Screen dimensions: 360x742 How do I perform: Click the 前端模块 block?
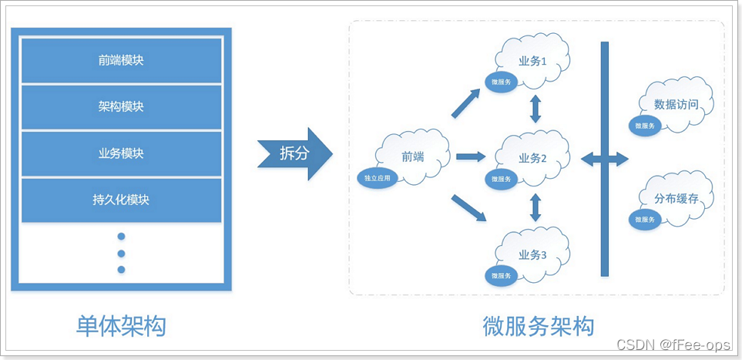tap(121, 60)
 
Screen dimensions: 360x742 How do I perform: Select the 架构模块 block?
tap(121, 106)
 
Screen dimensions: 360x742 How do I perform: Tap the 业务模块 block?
tap(121, 153)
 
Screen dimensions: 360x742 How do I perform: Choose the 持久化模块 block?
tap(121, 200)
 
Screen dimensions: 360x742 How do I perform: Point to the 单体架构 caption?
tap(121, 326)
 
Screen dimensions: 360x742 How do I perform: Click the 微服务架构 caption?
tap(538, 326)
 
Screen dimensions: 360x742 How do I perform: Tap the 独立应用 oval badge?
tap(378, 178)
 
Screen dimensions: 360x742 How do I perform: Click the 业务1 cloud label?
tap(532, 62)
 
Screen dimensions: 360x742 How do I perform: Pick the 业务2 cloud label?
tap(532, 158)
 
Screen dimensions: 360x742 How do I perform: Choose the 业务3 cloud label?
tap(532, 255)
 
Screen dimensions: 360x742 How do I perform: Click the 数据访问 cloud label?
tap(676, 104)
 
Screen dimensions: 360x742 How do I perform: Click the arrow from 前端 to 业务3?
tap(469, 209)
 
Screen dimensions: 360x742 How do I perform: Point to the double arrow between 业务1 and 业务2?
tap(534, 109)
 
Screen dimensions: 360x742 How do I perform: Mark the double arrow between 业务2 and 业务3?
tap(534, 207)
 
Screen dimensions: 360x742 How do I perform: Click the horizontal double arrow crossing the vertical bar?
tap(605, 159)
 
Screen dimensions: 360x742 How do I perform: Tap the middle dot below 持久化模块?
tap(121, 253)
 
